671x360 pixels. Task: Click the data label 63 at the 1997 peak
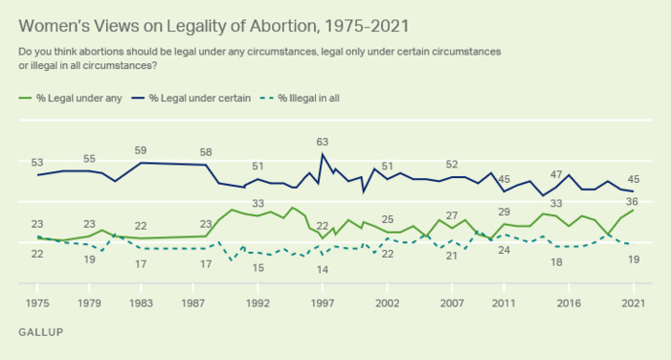click(323, 142)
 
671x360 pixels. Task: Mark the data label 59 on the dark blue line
click(141, 150)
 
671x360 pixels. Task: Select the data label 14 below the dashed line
click(322, 269)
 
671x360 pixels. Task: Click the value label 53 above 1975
click(38, 162)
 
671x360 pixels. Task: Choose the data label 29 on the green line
click(504, 211)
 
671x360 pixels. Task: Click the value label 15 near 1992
click(259, 267)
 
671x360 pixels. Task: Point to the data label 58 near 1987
click(206, 152)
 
